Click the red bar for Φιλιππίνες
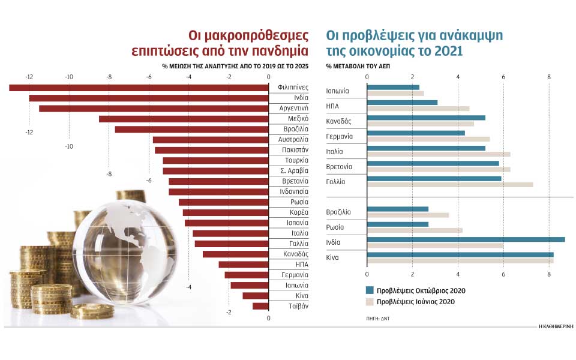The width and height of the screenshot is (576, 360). coord(138,88)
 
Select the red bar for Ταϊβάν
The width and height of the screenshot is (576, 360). coord(260,306)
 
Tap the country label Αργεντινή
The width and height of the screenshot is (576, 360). coord(294,108)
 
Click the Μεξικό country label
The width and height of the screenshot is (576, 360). coord(297,119)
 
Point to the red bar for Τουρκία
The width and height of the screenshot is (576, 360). coord(215,160)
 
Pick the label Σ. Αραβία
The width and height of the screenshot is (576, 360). coord(294,171)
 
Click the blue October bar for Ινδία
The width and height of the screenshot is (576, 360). coord(465,239)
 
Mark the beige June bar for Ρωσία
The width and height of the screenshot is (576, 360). coord(414,230)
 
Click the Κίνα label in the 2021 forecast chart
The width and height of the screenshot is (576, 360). coord(334,258)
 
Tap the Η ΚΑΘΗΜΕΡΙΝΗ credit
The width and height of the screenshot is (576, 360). coord(556,325)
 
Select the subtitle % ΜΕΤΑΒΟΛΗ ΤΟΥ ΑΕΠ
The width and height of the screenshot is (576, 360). coord(358,65)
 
